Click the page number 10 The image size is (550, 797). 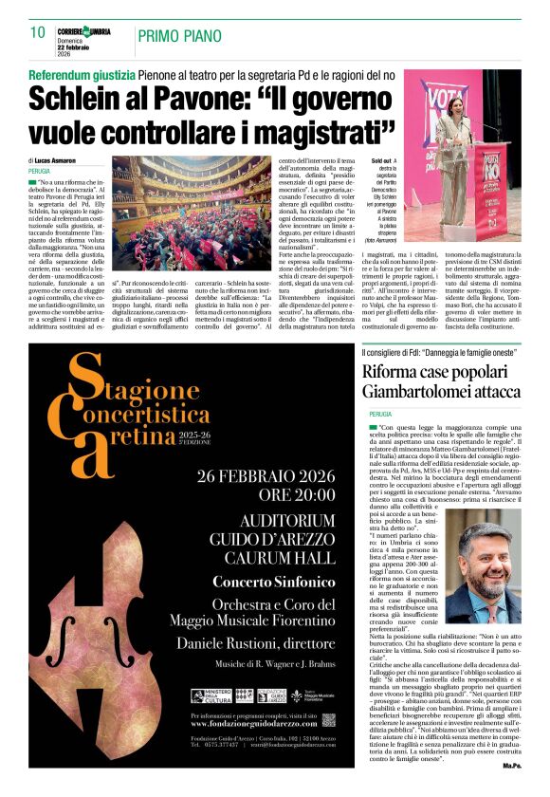(x=37, y=32)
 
